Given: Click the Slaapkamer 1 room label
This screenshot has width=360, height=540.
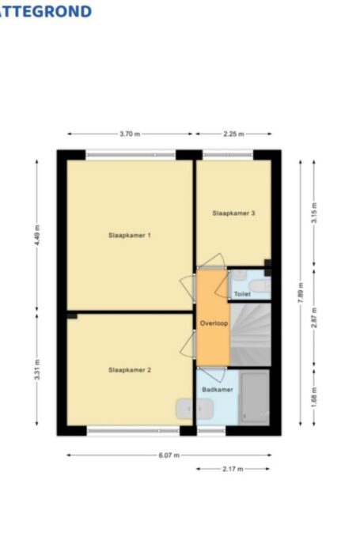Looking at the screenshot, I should click(130, 235).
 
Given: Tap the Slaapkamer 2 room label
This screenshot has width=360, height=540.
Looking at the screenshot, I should click(130, 369).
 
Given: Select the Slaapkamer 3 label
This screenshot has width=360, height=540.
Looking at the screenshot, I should click(233, 213).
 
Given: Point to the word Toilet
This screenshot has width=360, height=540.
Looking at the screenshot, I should click(241, 293).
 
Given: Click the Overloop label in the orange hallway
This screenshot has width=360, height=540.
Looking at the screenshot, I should click(213, 323).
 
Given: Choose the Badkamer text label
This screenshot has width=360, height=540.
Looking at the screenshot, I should click(217, 390).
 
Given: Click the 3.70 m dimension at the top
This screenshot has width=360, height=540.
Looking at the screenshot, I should click(130, 134).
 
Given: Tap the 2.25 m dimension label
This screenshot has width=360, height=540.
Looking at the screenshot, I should click(233, 134).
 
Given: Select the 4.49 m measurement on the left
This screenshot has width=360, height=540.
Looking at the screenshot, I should click(36, 235).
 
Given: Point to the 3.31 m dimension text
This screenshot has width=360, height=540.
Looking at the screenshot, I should click(36, 372).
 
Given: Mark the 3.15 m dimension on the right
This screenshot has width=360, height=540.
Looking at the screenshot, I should click(314, 213).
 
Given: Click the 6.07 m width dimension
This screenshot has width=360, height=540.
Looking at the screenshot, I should click(169, 455).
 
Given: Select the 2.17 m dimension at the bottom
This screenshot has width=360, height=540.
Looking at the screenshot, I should click(233, 470).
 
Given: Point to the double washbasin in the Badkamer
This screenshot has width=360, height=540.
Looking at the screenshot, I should click(194, 409).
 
